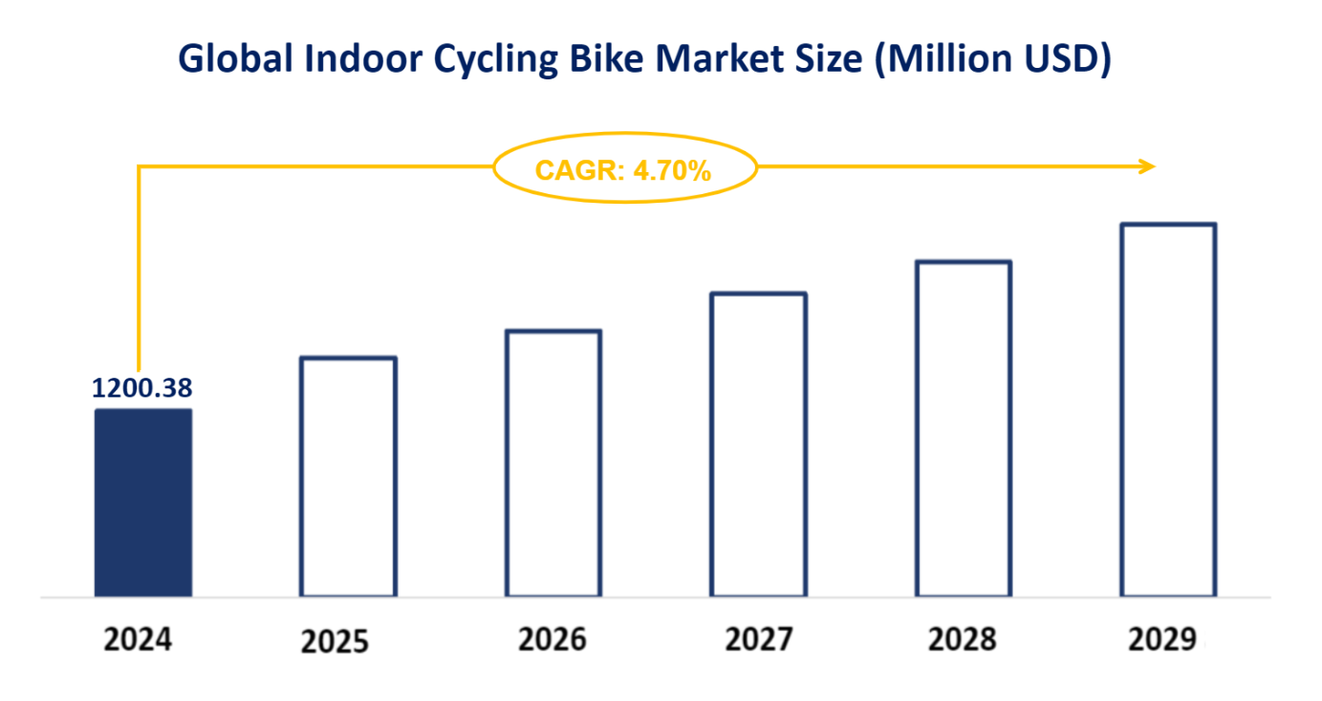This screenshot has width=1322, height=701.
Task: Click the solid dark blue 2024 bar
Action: pyautogui.click(x=142, y=503)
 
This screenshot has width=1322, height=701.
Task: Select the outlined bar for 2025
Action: pyautogui.click(x=348, y=477)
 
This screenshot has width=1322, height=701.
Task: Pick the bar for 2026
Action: pyautogui.click(x=553, y=464)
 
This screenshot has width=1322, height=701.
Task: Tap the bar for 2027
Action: pyautogui.click(x=758, y=445)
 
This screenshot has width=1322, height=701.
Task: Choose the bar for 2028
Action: pyautogui.click(x=964, y=428)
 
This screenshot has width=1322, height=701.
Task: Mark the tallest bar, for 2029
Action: pyautogui.click(x=1168, y=410)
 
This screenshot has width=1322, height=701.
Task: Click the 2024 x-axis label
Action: pyautogui.click(x=138, y=640)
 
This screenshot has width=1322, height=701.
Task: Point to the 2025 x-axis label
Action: pyautogui.click(x=335, y=641)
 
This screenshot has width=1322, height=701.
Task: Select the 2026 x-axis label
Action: pyautogui.click(x=553, y=640)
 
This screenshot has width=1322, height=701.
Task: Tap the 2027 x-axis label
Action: pyautogui.click(x=758, y=640)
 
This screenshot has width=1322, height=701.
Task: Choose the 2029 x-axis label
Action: pyautogui.click(x=1161, y=640)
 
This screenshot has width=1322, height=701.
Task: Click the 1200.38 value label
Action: pyautogui.click(x=142, y=388)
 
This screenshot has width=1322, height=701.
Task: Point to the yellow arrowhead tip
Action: pyautogui.click(x=1153, y=166)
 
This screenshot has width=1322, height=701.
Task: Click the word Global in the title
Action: pyautogui.click(x=234, y=59)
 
